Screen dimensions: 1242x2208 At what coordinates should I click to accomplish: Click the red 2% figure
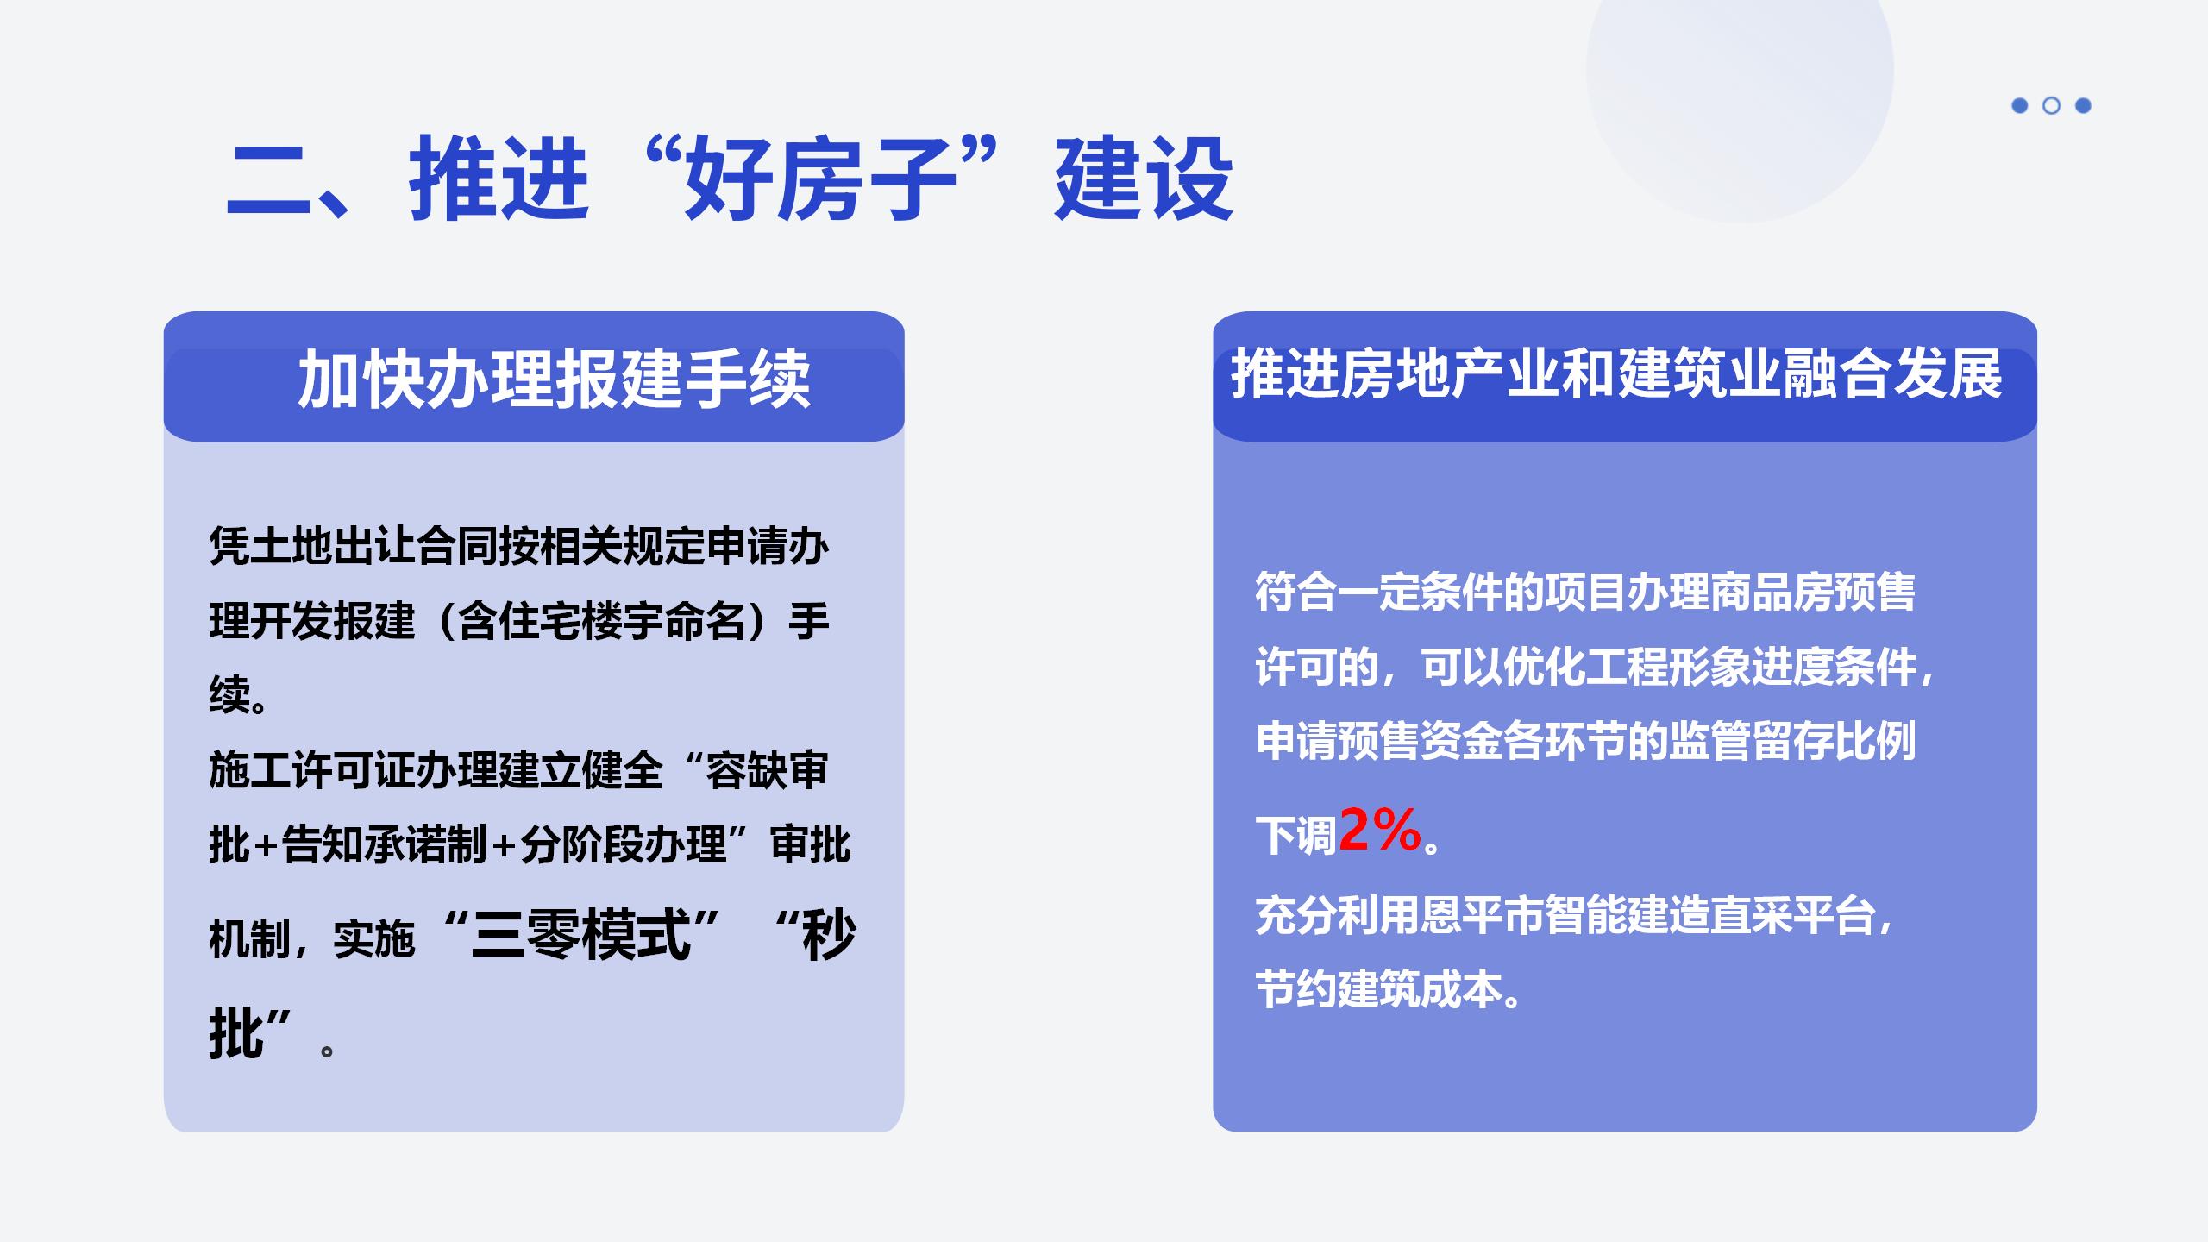tap(1380, 831)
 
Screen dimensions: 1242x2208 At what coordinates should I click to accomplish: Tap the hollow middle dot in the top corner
tap(2051, 105)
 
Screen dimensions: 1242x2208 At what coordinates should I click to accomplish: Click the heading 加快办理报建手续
tap(554, 379)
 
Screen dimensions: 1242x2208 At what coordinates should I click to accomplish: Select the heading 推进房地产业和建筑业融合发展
tap(1616, 375)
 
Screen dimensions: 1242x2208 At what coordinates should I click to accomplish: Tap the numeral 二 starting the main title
tap(267, 181)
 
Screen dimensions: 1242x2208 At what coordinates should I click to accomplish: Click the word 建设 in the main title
tap(1144, 179)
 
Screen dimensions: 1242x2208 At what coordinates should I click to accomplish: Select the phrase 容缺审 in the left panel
tap(767, 770)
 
